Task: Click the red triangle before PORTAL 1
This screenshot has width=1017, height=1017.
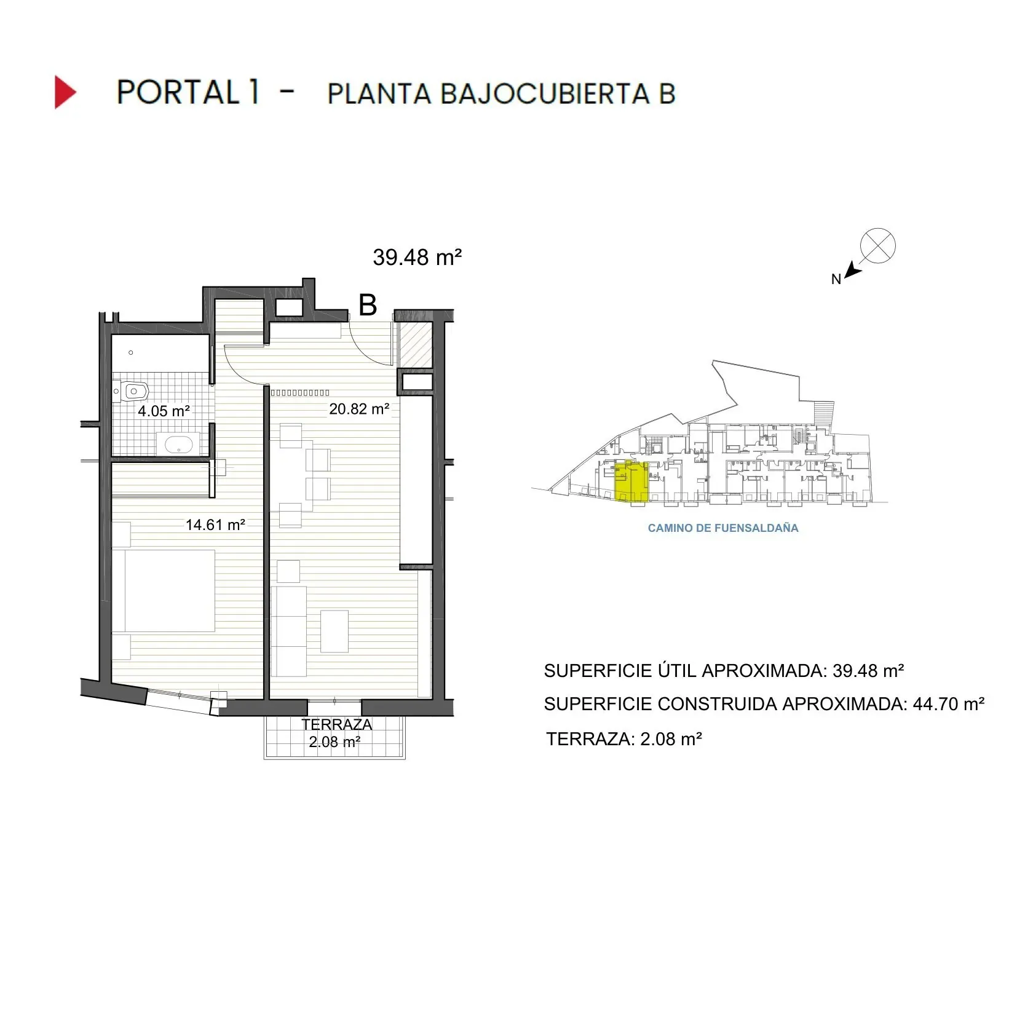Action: [x=65, y=92]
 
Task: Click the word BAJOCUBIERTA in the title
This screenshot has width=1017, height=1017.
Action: [x=544, y=94]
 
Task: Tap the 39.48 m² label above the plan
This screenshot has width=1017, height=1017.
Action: [x=417, y=257]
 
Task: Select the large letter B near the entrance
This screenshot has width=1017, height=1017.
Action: [x=367, y=305]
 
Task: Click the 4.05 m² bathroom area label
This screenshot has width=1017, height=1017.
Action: [x=164, y=411]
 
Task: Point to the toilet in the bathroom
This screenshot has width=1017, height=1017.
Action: [x=133, y=391]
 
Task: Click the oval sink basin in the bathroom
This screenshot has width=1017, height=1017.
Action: [x=178, y=443]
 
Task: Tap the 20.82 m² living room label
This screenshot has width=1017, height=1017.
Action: [x=358, y=409]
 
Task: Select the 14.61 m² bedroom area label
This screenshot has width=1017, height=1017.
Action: [x=215, y=524]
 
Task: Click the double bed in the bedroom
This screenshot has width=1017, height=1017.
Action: [x=164, y=590]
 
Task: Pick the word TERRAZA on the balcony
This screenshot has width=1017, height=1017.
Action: [x=336, y=724]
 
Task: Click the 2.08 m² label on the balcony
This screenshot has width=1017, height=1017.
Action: [x=334, y=742]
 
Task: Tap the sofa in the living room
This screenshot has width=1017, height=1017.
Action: [x=288, y=630]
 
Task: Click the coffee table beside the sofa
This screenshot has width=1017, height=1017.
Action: [x=334, y=631]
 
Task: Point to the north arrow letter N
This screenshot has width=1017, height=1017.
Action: [x=836, y=279]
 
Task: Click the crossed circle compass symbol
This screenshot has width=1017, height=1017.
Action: [x=877, y=246]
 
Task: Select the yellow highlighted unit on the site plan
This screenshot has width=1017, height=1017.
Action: [x=631, y=481]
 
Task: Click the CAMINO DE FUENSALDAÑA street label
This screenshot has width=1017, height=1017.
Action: [x=722, y=528]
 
